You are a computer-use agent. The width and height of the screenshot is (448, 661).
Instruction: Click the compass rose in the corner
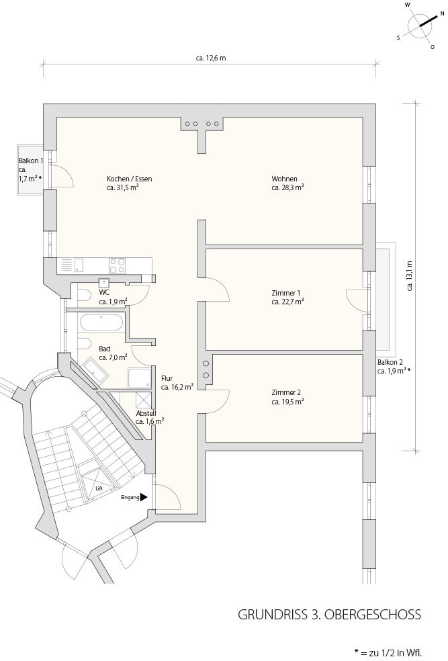click(420, 26)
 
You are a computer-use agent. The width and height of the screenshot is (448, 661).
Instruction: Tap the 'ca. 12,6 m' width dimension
click(211, 58)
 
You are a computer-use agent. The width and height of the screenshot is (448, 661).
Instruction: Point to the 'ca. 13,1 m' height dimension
click(410, 275)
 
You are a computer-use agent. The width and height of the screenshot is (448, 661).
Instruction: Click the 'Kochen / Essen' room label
click(130, 179)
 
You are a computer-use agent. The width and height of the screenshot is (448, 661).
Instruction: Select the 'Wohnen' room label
click(285, 179)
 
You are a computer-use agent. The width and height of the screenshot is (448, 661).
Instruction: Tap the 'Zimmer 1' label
click(286, 293)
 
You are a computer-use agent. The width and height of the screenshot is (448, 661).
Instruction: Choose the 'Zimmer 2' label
click(286, 392)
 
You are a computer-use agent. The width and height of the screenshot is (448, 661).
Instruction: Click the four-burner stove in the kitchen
click(117, 265)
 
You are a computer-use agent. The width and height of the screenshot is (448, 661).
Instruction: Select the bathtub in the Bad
click(101, 323)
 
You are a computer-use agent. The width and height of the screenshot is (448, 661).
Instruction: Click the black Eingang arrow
click(144, 498)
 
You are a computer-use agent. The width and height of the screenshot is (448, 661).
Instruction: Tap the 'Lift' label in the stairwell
click(99, 488)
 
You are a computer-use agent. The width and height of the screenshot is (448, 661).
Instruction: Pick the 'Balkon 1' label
click(30, 161)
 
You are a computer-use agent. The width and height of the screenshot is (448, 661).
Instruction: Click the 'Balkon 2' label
click(390, 362)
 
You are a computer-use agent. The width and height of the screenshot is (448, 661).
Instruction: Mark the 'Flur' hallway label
click(167, 378)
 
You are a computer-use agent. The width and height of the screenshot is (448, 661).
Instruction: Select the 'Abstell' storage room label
click(146, 414)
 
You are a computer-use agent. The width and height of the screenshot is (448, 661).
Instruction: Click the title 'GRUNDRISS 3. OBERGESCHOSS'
click(330, 614)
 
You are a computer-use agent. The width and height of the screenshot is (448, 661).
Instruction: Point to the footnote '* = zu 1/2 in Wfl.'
click(388, 652)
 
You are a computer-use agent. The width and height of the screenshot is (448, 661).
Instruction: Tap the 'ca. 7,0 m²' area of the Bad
click(113, 357)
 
